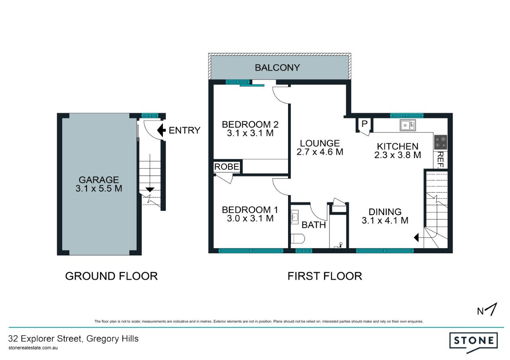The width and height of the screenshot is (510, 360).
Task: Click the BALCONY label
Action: click(277, 68)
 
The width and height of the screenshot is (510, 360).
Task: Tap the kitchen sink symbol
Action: click(408, 125)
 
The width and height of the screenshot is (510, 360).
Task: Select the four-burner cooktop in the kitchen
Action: click(441, 142)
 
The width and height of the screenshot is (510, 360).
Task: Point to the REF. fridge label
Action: click(441, 160)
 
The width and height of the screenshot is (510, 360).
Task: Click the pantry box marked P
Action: click(365, 124)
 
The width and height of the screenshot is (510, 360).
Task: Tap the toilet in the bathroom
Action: click(298, 239)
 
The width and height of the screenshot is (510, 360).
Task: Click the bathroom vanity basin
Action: click(294, 217)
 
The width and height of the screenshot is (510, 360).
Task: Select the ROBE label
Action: click(227, 167)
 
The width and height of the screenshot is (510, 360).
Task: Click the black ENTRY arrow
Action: click(161, 130)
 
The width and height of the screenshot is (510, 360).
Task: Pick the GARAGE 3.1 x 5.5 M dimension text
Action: click(99, 188)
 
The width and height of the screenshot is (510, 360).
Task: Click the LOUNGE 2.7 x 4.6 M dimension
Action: click(320, 152)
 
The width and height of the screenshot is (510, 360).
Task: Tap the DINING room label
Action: click(385, 212)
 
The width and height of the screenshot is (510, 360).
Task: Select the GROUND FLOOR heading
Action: click(111, 276)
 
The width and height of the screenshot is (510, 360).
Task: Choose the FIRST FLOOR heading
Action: click(325, 276)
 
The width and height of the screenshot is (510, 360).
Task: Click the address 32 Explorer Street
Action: click(45, 339)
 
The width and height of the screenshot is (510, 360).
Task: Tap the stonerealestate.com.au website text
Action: click(33, 348)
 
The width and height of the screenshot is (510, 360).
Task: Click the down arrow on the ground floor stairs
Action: click(150, 190)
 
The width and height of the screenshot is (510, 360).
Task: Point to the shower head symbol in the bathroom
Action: click(341, 244)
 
